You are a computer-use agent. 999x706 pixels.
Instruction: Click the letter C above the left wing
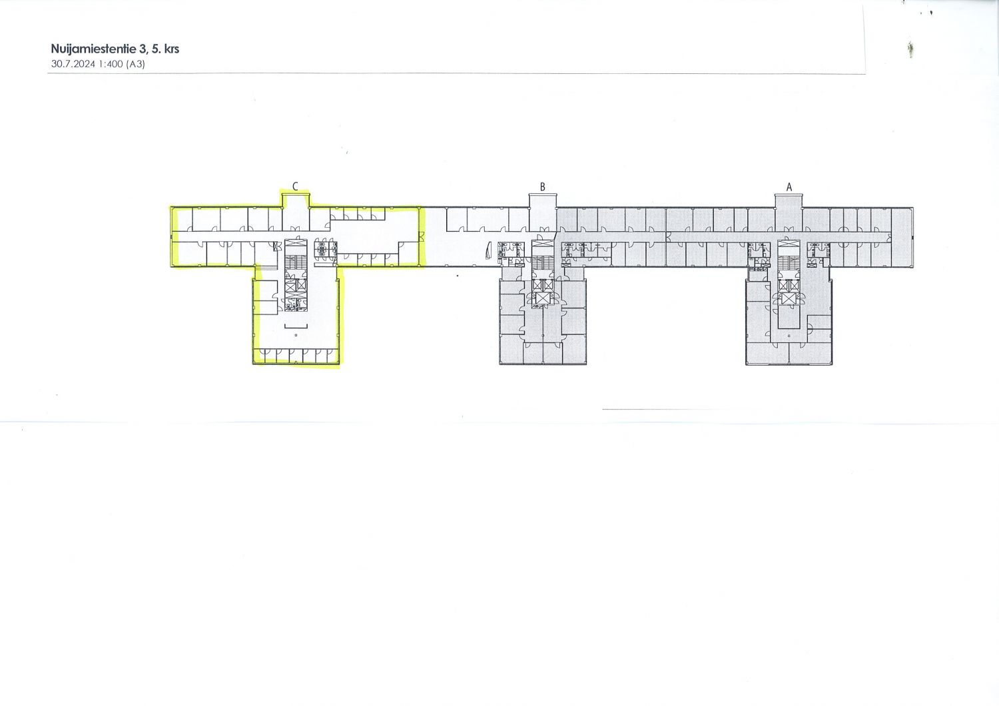coord(295,186)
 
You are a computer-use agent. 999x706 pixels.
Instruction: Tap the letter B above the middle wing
coord(542,187)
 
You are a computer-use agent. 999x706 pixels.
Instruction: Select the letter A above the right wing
coord(789,187)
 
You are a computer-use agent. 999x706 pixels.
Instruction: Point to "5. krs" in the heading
coord(165,49)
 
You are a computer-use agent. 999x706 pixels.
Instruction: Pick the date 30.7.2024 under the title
coord(73,64)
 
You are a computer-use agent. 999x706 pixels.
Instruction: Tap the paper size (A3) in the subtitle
coord(136,64)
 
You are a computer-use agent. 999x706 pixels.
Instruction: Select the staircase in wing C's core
coord(296,263)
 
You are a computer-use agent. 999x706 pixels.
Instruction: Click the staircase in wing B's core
coord(542,262)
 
